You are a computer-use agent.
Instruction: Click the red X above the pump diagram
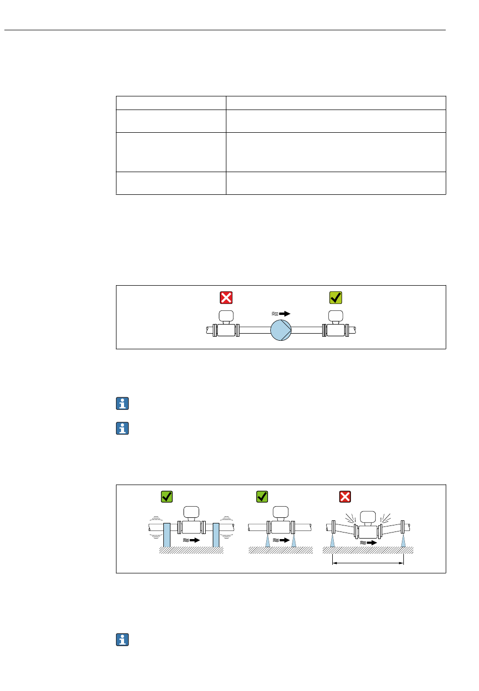[226, 297]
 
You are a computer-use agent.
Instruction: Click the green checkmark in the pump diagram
[336, 297]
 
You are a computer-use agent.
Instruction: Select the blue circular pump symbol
[281, 330]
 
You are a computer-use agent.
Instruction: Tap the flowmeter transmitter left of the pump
[226, 317]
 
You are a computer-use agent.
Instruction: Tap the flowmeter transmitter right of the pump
[336, 317]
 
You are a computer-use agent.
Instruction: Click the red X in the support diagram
[345, 497]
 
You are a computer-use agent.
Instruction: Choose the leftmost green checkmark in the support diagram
[167, 497]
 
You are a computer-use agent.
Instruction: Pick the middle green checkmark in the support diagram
[262, 497]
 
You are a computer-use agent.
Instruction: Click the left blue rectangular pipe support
[167, 535]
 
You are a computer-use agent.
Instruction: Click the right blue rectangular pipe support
[216, 535]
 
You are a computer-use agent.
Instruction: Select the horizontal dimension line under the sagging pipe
[368, 563]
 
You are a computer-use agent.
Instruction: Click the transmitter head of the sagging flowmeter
[368, 517]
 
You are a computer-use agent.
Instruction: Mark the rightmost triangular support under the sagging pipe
[403, 541]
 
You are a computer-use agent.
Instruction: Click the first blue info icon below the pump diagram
[123, 403]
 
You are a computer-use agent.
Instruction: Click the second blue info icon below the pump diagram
[123, 429]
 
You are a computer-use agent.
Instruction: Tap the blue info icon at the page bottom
[123, 640]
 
